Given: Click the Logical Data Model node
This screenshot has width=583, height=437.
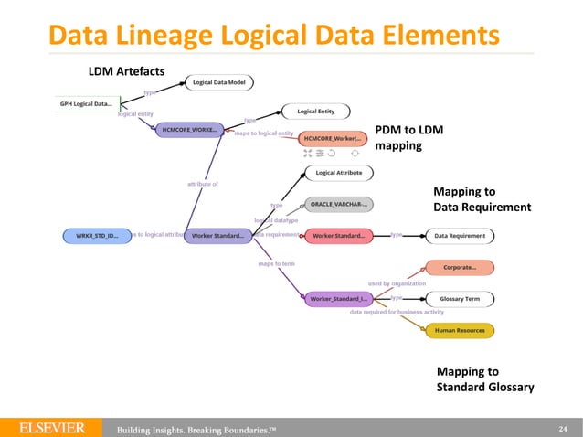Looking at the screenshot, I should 224,81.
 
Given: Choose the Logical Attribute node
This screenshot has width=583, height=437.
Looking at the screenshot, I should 339,172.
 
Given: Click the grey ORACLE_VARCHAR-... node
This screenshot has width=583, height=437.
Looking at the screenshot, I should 338,204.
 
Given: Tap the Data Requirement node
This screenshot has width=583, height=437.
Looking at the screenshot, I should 460,235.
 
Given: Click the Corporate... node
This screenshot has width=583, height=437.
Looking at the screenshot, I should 461,267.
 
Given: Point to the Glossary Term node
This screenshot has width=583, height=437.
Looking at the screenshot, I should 460,298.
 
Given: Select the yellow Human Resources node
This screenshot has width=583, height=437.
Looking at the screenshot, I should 460,329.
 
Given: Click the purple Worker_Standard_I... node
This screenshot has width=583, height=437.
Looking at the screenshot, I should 337,298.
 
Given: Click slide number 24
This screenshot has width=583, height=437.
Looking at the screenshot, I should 562,427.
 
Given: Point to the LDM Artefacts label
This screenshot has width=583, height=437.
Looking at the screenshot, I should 125,70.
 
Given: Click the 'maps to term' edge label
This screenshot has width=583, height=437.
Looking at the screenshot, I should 276,264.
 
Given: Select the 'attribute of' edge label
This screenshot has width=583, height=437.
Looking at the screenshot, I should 204,184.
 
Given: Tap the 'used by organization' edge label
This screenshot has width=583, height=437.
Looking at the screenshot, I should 397,283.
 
